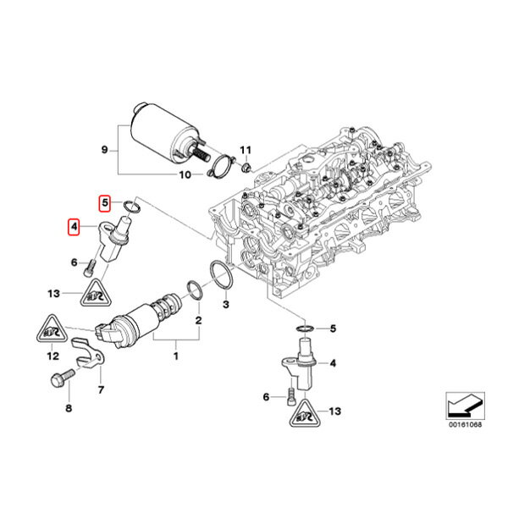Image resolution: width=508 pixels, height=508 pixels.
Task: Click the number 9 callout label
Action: coord(104,150)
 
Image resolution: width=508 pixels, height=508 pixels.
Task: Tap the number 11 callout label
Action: coord(247,151)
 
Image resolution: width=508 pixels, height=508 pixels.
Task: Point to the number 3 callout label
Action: coord(226,302)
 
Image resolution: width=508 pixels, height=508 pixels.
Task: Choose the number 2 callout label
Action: coord(198,321)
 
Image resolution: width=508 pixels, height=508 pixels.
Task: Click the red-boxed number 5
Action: coord(105,203)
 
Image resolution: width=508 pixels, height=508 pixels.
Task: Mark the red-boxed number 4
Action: coord(75,227)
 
